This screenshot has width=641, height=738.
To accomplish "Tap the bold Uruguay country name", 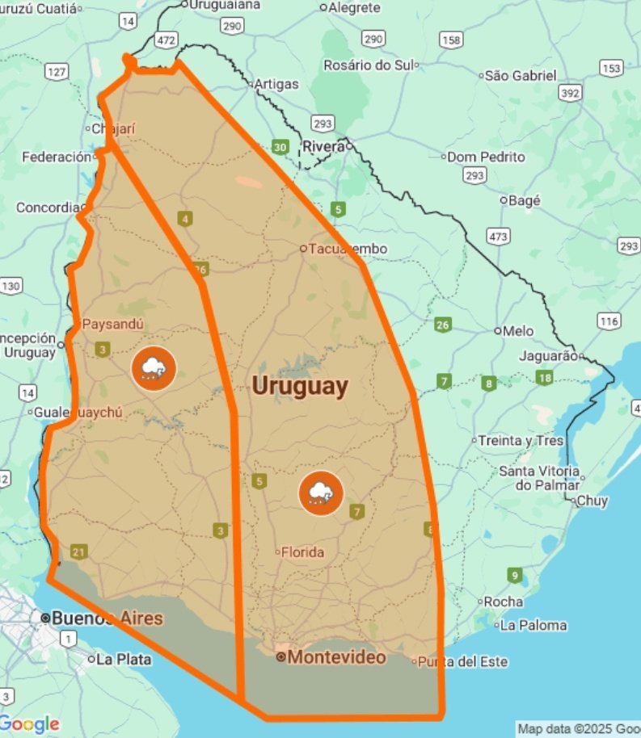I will point(300,386).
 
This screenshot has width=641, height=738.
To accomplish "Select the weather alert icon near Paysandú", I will point(153,368).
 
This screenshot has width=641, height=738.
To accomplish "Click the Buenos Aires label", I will point(107,618).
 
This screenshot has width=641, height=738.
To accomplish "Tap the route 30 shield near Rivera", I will point(280,147).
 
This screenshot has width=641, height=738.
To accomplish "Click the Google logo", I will point(30,723).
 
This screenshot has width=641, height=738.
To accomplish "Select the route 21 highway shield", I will point(78,552).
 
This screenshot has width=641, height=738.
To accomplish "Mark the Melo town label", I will point(518,331).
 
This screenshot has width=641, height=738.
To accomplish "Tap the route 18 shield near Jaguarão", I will point(544,378).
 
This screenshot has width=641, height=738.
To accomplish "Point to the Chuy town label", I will point(592,501).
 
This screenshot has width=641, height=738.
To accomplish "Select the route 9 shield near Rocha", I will point(515,576).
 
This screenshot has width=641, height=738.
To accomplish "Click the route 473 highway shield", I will point(498,236).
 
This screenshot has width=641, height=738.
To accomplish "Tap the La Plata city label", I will point(124,659).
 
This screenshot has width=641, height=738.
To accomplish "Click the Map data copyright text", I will point(578,728).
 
